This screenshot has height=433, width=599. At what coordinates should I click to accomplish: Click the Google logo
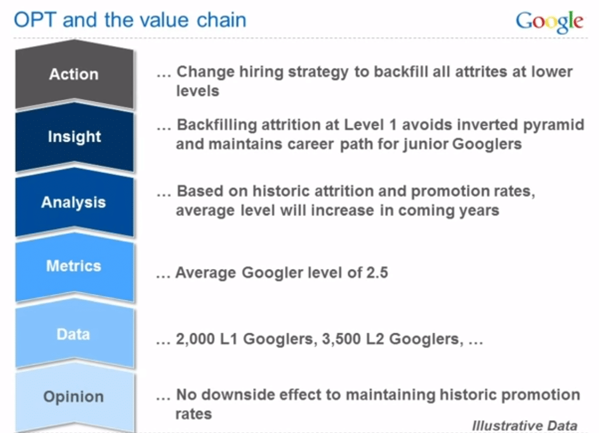[x=549, y=22]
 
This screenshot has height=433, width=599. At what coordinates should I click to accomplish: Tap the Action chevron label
[x=74, y=74]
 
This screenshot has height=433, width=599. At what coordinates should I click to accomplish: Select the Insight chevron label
[x=74, y=137]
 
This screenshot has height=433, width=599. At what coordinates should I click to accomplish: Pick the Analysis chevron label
[x=73, y=203]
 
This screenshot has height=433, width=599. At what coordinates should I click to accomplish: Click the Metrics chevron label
[x=74, y=266]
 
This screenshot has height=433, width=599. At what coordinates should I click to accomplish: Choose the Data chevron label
[x=73, y=334]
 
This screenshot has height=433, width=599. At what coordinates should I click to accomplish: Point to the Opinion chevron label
[x=73, y=397]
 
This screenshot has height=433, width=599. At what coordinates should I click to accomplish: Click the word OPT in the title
[x=35, y=20]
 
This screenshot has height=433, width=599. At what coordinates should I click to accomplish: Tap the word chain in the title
[x=221, y=20]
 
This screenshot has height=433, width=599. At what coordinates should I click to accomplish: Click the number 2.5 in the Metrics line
[x=377, y=273]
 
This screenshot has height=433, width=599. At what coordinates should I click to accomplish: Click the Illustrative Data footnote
[x=525, y=426]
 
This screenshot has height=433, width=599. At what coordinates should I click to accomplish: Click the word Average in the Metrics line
[x=205, y=273]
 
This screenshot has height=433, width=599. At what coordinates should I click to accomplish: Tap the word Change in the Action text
[x=205, y=72]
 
